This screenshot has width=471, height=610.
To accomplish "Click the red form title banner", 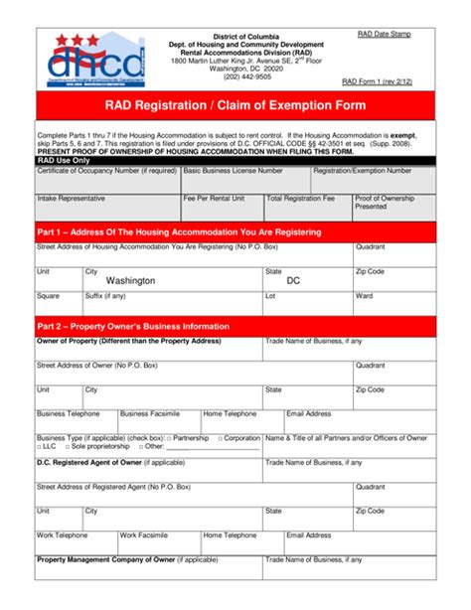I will [x=235, y=105].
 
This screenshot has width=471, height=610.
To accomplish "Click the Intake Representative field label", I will [x=72, y=198].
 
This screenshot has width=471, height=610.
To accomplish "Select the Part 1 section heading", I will [x=179, y=232].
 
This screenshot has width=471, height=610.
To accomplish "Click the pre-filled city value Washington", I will [x=130, y=281].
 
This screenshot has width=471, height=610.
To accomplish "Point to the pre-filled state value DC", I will [x=293, y=281].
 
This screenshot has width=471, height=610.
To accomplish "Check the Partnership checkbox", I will [x=169, y=438].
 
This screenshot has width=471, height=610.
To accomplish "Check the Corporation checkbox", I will [x=218, y=438].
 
